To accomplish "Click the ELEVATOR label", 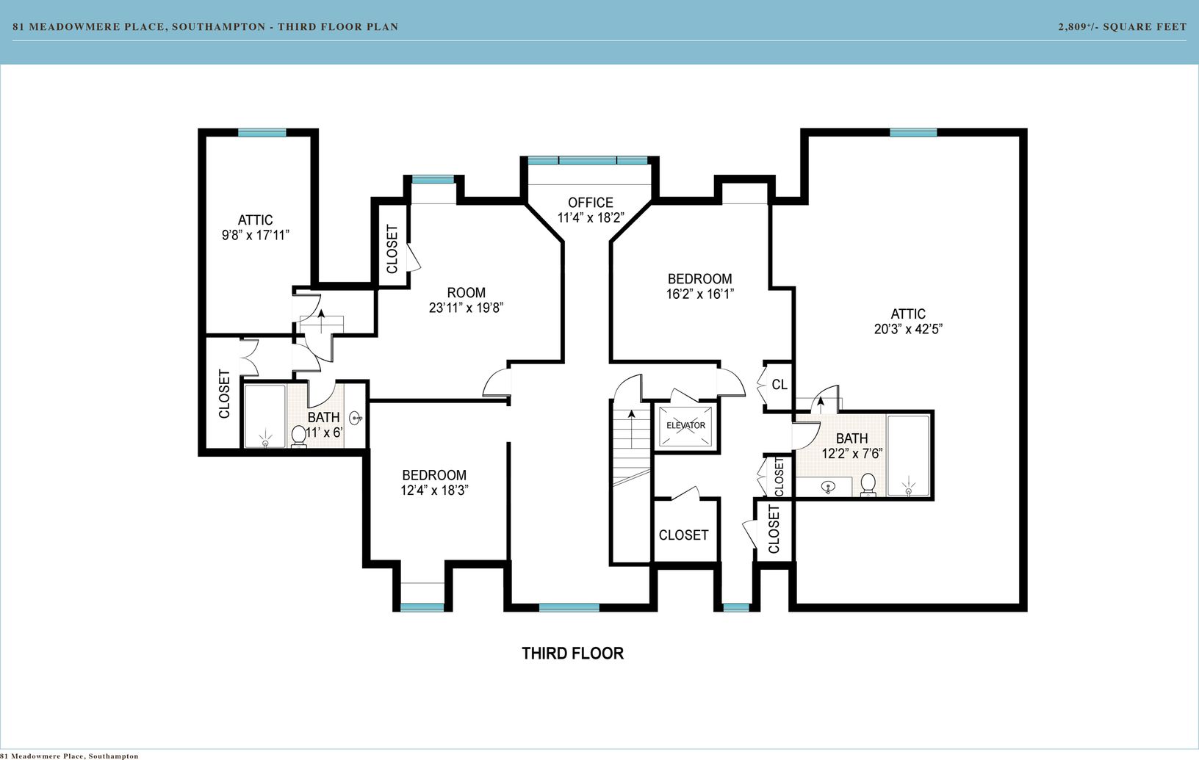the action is pyautogui.click(x=685, y=426).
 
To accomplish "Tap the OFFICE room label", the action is pyautogui.click(x=591, y=203).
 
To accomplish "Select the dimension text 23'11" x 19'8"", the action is pyautogui.click(x=467, y=308).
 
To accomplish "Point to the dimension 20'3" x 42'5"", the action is pyautogui.click(x=908, y=330).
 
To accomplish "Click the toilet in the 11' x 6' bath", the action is pyautogui.click(x=299, y=436).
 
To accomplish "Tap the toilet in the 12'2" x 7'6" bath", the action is pyautogui.click(x=868, y=485).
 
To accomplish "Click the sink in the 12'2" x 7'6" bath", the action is pyautogui.click(x=828, y=488).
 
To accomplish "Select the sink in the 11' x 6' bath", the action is pyautogui.click(x=356, y=418).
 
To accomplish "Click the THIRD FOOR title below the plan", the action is pyautogui.click(x=573, y=654).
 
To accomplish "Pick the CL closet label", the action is pyautogui.click(x=779, y=385).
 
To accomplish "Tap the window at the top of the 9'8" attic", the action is pyautogui.click(x=262, y=133).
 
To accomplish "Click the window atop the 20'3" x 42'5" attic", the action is pyautogui.click(x=913, y=133).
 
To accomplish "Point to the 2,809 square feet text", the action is pyautogui.click(x=1123, y=26).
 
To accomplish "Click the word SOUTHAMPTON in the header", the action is pyautogui.click(x=219, y=26).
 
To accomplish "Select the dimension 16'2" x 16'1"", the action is pyautogui.click(x=699, y=294).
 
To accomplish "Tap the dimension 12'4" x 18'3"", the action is pyautogui.click(x=434, y=491).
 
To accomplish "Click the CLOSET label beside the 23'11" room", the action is pyautogui.click(x=392, y=249).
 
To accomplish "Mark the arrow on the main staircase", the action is pyautogui.click(x=632, y=430).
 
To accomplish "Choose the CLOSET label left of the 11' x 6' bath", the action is pyautogui.click(x=224, y=394).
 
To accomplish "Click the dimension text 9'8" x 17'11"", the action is pyautogui.click(x=256, y=235).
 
